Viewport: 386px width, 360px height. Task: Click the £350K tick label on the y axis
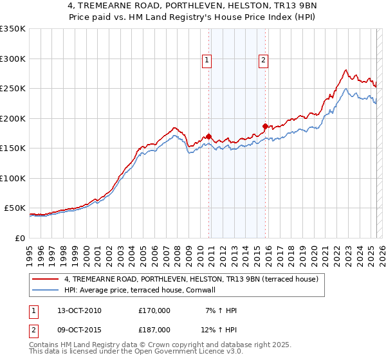pyautogui.click(x=12, y=29)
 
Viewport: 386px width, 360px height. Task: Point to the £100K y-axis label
pyautogui.click(x=12, y=178)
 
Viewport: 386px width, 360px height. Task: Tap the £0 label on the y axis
pyautogui.click(x=18, y=238)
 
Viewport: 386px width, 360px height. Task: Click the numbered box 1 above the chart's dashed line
pyautogui.click(x=207, y=60)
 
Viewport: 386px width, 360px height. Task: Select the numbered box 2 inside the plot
pyautogui.click(x=264, y=60)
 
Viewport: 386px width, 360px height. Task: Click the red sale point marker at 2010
pyautogui.click(x=208, y=136)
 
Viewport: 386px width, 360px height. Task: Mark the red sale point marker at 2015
pyautogui.click(x=265, y=126)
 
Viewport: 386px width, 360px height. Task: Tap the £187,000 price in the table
pyautogui.click(x=154, y=330)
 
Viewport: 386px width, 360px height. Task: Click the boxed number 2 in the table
pyautogui.click(x=33, y=330)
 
